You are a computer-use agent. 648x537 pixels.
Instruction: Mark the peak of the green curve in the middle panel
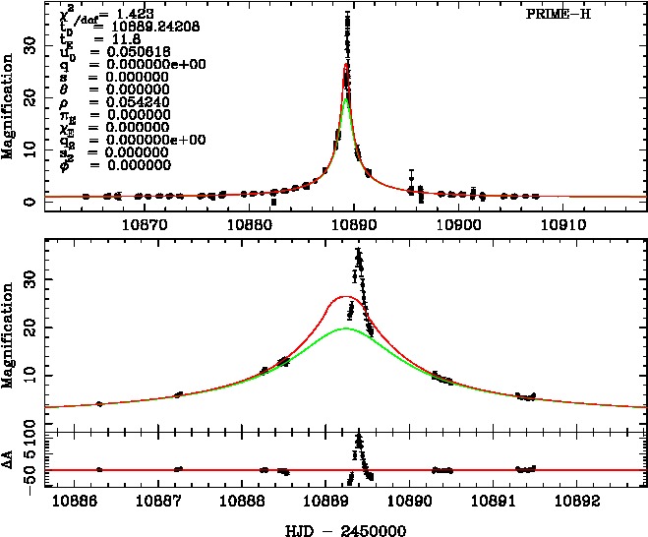pos(345,329)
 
